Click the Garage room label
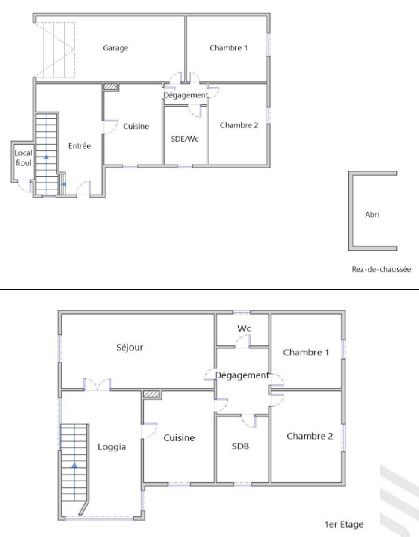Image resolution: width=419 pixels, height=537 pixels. tap(115, 48)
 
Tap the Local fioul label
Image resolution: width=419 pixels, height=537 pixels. tap(23, 158)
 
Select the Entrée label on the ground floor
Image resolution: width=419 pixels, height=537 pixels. tap(79, 146)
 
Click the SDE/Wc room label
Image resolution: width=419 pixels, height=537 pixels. tap(185, 139)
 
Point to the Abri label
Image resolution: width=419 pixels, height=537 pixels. tap(372, 215)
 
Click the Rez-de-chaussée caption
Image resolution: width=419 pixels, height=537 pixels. tap(381, 269)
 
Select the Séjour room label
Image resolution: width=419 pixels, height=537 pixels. tap(130, 348)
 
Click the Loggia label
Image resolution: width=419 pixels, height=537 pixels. tap(112, 447)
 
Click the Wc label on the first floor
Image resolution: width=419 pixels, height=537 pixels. tap(244, 329)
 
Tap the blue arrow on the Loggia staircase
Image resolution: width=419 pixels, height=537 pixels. tap(74, 466)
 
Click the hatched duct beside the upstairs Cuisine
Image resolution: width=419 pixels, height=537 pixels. tap(152, 394)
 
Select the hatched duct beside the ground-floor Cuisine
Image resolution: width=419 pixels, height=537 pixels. tap(110, 87)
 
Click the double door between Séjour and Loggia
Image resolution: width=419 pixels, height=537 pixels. tap(97, 384)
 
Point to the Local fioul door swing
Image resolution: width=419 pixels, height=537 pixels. tap(24, 186)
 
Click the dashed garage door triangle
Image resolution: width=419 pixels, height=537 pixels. tap(54, 50)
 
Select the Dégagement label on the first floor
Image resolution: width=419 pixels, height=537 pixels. tap(242, 375)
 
